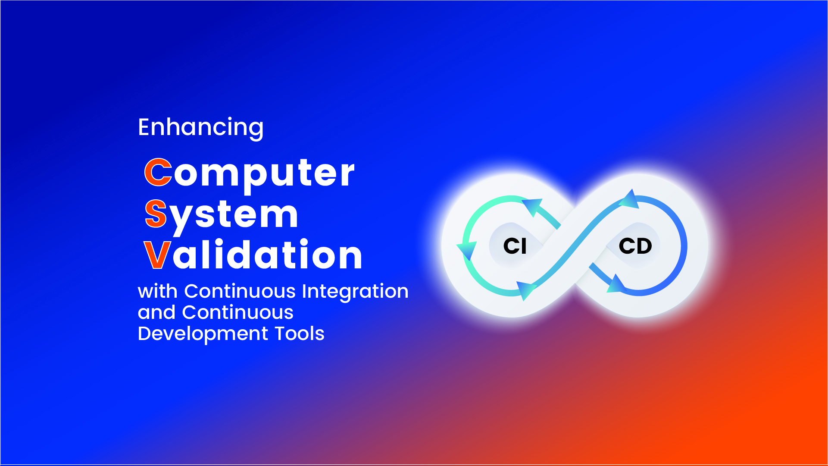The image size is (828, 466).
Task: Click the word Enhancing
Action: pyautogui.click(x=200, y=127)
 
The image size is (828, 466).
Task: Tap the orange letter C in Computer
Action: pyautogui.click(x=158, y=172)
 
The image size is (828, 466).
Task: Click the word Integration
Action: pyautogui.click(x=355, y=291)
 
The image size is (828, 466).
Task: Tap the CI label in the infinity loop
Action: pyautogui.click(x=515, y=246)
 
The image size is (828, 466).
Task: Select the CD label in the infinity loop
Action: pyautogui.click(x=635, y=246)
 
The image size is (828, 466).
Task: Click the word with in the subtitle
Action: pyautogui.click(x=157, y=291)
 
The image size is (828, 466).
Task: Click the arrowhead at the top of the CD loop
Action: pyautogui.click(x=630, y=199)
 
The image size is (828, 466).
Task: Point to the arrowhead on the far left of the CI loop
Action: pyautogui.click(x=466, y=250)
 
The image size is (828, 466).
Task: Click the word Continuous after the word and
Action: pyautogui.click(x=237, y=312)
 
